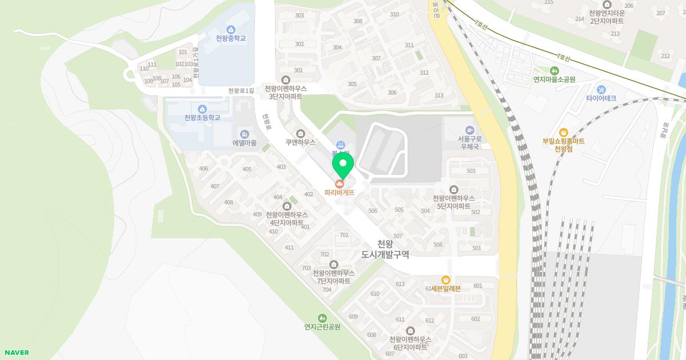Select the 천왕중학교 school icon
230,30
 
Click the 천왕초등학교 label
202,118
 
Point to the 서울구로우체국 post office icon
469,130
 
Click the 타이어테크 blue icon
601,90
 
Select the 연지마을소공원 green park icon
554,71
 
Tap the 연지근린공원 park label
322,327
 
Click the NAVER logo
16,353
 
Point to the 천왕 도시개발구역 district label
386,249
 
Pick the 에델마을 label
245,143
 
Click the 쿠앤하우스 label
301,143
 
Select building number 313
439,95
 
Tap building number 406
204,169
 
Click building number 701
344,235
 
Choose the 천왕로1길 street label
241,91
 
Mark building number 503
471,171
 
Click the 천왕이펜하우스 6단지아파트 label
410,343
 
